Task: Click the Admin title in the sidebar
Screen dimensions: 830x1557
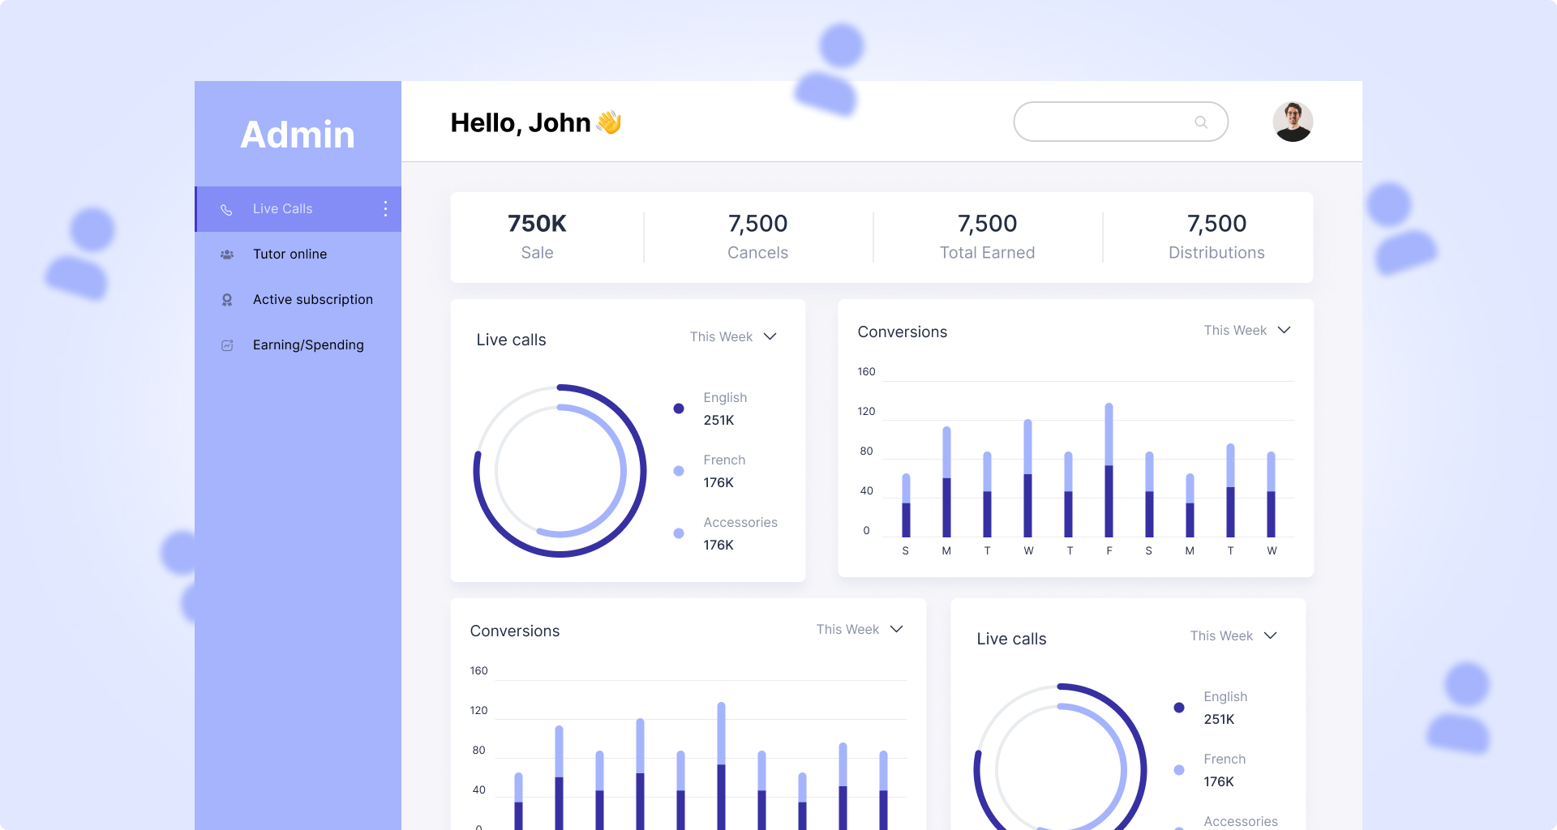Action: (x=298, y=135)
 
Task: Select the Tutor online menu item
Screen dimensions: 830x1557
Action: (x=290, y=255)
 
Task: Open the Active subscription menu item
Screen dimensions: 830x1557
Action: (x=312, y=300)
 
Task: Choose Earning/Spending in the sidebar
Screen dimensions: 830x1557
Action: (x=308, y=345)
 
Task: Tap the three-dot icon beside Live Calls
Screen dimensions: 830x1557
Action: (x=385, y=209)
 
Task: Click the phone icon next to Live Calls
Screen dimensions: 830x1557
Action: (x=227, y=210)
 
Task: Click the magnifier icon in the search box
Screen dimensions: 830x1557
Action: (x=1201, y=122)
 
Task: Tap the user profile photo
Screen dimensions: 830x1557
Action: (x=1293, y=122)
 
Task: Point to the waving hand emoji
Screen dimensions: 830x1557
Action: (x=609, y=122)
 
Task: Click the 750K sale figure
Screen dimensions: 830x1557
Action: (x=537, y=224)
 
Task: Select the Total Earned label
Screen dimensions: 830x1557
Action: (x=987, y=253)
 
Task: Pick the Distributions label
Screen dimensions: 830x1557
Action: (x=1216, y=253)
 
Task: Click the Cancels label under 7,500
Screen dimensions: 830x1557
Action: (x=757, y=253)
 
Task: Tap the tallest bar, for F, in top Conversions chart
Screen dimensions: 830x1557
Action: (x=1109, y=470)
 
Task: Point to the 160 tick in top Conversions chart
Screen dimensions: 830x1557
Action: (x=866, y=372)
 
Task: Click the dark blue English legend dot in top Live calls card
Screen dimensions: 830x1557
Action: (x=679, y=409)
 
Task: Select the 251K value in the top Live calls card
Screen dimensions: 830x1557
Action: (x=718, y=420)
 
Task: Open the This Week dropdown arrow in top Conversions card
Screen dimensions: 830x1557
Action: (x=1284, y=331)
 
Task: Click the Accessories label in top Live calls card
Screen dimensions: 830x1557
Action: (x=740, y=523)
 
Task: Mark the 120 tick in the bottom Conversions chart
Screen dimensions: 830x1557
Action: (x=478, y=711)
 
